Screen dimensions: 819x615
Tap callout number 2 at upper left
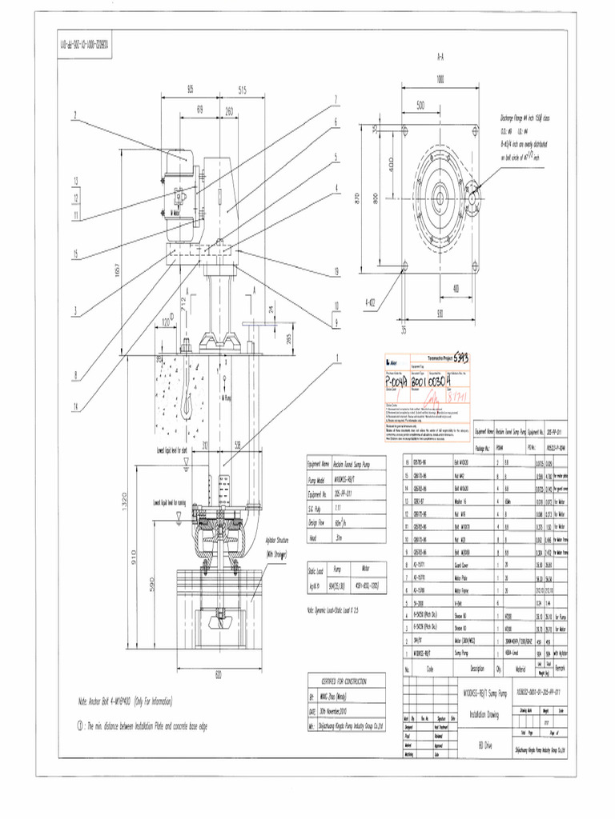[x=75, y=115]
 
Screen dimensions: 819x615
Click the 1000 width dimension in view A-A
[x=439, y=78]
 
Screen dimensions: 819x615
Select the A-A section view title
[x=440, y=58]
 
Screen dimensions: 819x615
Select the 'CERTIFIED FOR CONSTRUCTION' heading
[x=344, y=681]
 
